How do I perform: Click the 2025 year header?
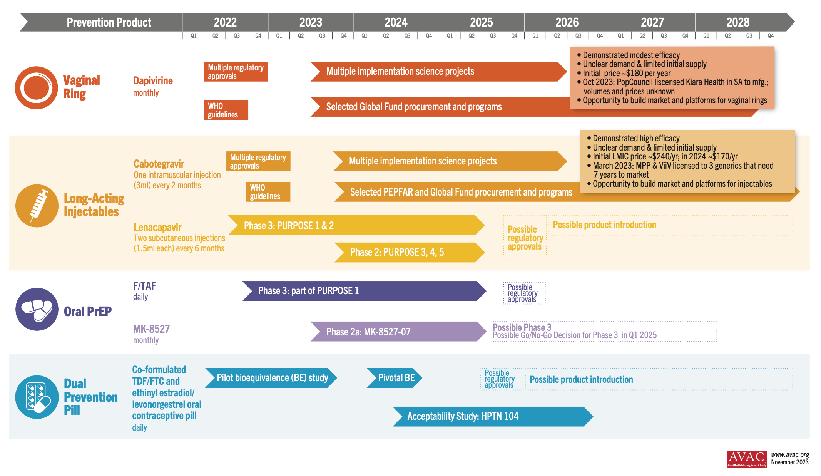481,22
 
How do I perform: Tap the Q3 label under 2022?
237,36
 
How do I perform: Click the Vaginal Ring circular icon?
37,88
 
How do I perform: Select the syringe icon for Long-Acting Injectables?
37,206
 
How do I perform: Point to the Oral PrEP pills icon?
37,309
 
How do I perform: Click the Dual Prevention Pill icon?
37,397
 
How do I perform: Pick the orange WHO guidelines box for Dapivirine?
226,110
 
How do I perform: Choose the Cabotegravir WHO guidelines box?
268,192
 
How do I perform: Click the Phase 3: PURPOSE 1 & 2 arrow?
356,225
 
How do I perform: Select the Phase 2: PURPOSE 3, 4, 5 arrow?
410,252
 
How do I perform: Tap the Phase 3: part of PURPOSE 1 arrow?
364,291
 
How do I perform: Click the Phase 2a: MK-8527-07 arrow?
398,332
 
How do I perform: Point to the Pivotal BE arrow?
395,378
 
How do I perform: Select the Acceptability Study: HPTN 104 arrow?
493,416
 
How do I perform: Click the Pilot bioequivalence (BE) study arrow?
271,378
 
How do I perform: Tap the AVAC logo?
746,459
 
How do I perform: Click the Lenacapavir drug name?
157,227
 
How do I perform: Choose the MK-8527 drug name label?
151,329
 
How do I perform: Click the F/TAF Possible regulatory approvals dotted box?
525,293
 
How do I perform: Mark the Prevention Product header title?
109,22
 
